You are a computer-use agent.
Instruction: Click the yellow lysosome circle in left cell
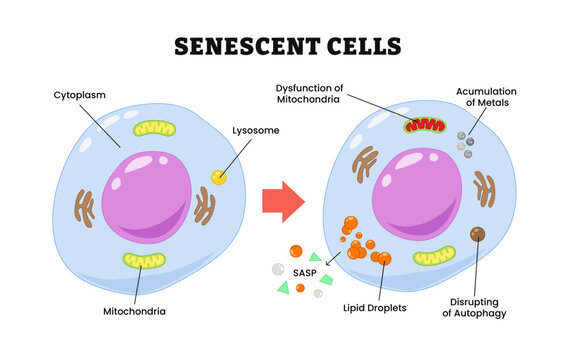coord(218,177)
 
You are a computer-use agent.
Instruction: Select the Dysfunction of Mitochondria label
coord(310,92)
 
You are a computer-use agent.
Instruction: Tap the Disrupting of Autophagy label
coord(475,307)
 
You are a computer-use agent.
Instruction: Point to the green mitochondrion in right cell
coord(434,256)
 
